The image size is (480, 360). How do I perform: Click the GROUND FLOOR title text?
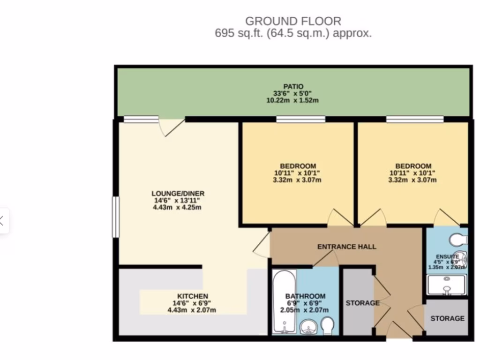coord(293,21)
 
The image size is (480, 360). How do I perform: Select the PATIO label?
coord(293,86)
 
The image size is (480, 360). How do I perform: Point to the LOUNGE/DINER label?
coord(178,194)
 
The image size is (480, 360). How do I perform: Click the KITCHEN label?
coord(192,296)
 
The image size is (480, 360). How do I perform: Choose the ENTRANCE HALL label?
coord(346,247)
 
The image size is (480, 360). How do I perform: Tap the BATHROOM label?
coord(305,296)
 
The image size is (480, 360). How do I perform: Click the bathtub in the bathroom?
coord(284,300)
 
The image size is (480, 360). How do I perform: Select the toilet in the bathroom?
coord(327,325)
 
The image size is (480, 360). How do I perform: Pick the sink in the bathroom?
coord(307,326)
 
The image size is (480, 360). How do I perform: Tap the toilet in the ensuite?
coord(457,240)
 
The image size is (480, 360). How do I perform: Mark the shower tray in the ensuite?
coord(446,285)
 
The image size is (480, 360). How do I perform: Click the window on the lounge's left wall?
coord(115,217)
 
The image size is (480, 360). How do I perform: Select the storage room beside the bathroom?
coord(358,303)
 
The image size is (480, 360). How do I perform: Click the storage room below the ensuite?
coord(447,318)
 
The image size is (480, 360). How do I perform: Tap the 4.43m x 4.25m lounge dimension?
coord(177,207)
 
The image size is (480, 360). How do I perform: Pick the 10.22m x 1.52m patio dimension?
coord(293,100)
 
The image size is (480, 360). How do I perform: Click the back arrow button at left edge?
coord(2,220)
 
